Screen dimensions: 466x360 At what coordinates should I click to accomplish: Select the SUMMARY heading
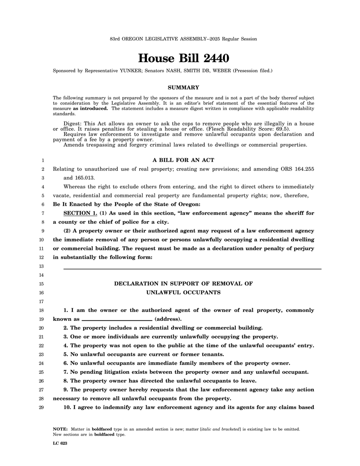tap(183, 87)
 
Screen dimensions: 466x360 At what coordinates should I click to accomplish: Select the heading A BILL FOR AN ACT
tap(183, 160)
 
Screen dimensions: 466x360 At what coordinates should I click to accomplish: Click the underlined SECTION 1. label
tap(80, 213)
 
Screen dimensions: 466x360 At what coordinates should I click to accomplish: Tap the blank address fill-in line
tap(117, 319)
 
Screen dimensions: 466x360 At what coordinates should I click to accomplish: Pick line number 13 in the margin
tap(41, 266)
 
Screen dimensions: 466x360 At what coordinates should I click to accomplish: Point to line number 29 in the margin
tap(41, 408)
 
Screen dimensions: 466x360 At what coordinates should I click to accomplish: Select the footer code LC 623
tap(60, 443)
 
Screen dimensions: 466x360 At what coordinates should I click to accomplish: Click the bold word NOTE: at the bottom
tap(60, 429)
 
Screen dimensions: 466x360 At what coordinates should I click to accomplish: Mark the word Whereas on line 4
tap(75, 187)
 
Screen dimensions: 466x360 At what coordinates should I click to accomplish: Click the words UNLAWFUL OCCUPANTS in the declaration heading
tap(183, 293)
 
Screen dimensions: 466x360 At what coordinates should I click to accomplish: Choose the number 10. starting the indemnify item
tap(67, 408)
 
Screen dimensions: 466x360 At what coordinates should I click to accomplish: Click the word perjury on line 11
tap(303, 249)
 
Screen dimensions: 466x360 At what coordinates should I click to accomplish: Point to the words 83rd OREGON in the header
tap(126, 39)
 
